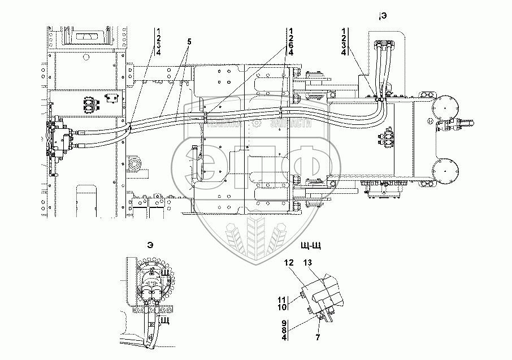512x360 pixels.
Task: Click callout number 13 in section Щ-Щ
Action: point(307,263)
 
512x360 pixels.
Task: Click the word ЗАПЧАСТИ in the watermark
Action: point(292,122)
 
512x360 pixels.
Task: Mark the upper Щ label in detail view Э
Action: point(166,274)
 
